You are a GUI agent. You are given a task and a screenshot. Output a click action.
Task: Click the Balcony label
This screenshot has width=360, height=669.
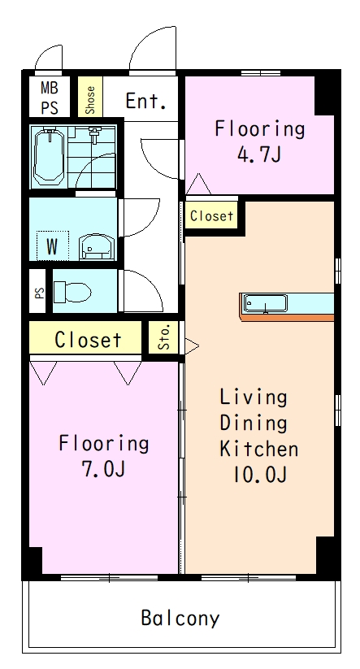point(180,618)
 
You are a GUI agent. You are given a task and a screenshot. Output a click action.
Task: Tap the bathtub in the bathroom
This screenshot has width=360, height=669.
point(49,157)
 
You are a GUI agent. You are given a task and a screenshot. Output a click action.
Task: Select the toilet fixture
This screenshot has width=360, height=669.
point(73,292)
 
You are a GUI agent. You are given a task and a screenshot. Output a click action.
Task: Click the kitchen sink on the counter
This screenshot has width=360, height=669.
point(265,304)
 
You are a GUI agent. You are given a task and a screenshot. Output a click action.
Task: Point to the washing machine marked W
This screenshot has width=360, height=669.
point(53,245)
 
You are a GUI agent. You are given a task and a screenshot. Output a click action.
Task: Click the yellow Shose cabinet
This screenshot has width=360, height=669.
point(90,97)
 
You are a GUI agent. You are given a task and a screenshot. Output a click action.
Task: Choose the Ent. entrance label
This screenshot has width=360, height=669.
point(145,101)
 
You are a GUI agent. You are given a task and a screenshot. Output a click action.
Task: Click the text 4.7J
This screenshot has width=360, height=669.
point(259,154)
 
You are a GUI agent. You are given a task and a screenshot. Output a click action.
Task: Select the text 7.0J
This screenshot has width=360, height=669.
point(103,469)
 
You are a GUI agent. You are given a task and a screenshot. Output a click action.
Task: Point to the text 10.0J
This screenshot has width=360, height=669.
point(259,475)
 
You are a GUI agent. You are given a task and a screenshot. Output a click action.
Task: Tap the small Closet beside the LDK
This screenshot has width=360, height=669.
point(211,216)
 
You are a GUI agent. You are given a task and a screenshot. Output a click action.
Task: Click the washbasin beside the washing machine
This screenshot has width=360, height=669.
point(97,246)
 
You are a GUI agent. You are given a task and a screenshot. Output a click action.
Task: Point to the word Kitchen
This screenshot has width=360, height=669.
point(259,449)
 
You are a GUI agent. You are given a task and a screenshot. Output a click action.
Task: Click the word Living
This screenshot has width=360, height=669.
point(254,397)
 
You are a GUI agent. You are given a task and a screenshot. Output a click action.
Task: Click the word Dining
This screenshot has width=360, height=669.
point(254,424)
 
